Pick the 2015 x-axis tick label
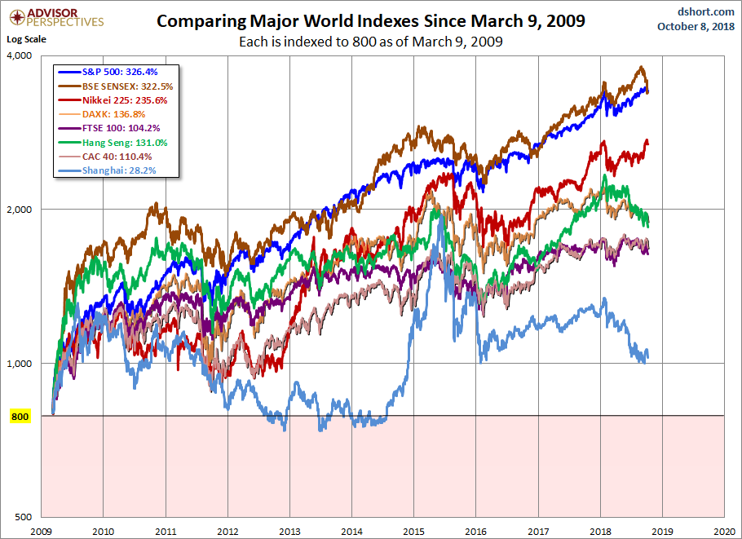tap(413, 530)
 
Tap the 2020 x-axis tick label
tap(724, 530)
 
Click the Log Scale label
tap(28, 39)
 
